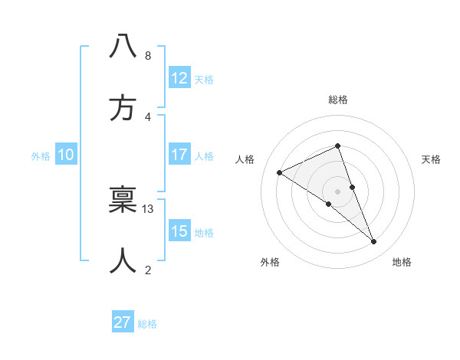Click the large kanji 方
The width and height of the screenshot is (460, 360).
pyautogui.click(x=123, y=108)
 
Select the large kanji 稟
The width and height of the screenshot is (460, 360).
pyautogui.click(x=123, y=198)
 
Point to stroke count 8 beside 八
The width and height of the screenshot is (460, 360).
pyautogui.click(x=147, y=55)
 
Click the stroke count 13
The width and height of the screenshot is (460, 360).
pyautogui.click(x=148, y=208)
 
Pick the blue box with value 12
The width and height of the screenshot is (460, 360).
pyautogui.click(x=179, y=78)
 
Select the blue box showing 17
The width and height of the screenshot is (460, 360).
pyautogui.click(x=179, y=155)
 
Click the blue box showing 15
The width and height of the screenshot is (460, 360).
pyautogui.click(x=179, y=231)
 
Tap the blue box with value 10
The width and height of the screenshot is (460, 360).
pyautogui.click(x=66, y=155)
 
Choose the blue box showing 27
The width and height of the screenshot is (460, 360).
pyautogui.click(x=123, y=322)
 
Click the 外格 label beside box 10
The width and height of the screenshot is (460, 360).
pyautogui.click(x=41, y=156)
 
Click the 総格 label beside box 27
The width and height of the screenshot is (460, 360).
pyautogui.click(x=148, y=324)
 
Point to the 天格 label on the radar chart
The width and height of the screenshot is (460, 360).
pyautogui.click(x=432, y=159)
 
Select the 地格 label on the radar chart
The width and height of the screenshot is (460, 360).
pyautogui.click(x=402, y=262)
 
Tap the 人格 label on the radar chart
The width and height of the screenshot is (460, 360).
pyautogui.click(x=245, y=159)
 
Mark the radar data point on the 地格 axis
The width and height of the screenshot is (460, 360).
pyautogui.click(x=374, y=242)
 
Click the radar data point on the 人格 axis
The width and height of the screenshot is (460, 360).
pyautogui.click(x=280, y=173)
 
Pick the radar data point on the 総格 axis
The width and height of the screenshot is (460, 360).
pyautogui.click(x=337, y=146)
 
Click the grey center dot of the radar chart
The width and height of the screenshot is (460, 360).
pyautogui.click(x=337, y=191)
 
